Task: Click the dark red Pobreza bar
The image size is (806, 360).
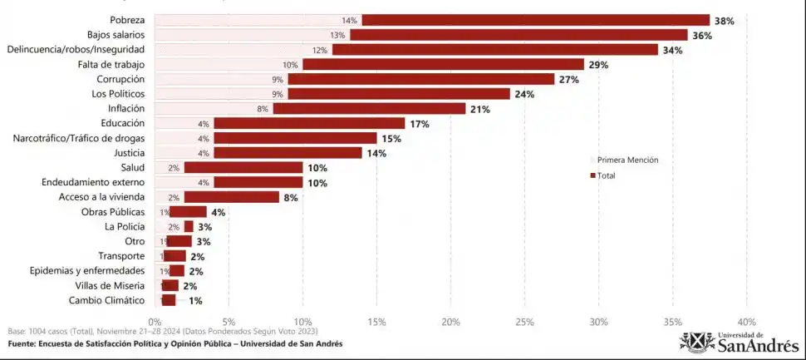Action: [x=535, y=20]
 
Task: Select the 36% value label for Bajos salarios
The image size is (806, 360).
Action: [x=702, y=35]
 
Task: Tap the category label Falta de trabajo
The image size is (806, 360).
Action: [x=111, y=64]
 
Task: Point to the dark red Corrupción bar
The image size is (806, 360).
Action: [x=420, y=79]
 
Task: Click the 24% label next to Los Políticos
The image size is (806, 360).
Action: [x=524, y=94]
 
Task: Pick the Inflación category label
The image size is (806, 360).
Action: [x=126, y=108]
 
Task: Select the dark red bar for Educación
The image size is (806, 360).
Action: [x=309, y=123]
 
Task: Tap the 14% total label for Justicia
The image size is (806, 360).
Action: [x=376, y=153]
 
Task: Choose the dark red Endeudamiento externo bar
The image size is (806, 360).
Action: [x=258, y=182]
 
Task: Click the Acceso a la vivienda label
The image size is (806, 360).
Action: [x=101, y=197]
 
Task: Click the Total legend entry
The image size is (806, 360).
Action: [x=606, y=175]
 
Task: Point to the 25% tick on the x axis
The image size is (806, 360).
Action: [x=524, y=321]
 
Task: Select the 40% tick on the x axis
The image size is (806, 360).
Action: [x=746, y=321]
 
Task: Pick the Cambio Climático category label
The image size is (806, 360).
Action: [x=106, y=300]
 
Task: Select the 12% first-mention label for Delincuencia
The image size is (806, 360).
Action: [x=320, y=50]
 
